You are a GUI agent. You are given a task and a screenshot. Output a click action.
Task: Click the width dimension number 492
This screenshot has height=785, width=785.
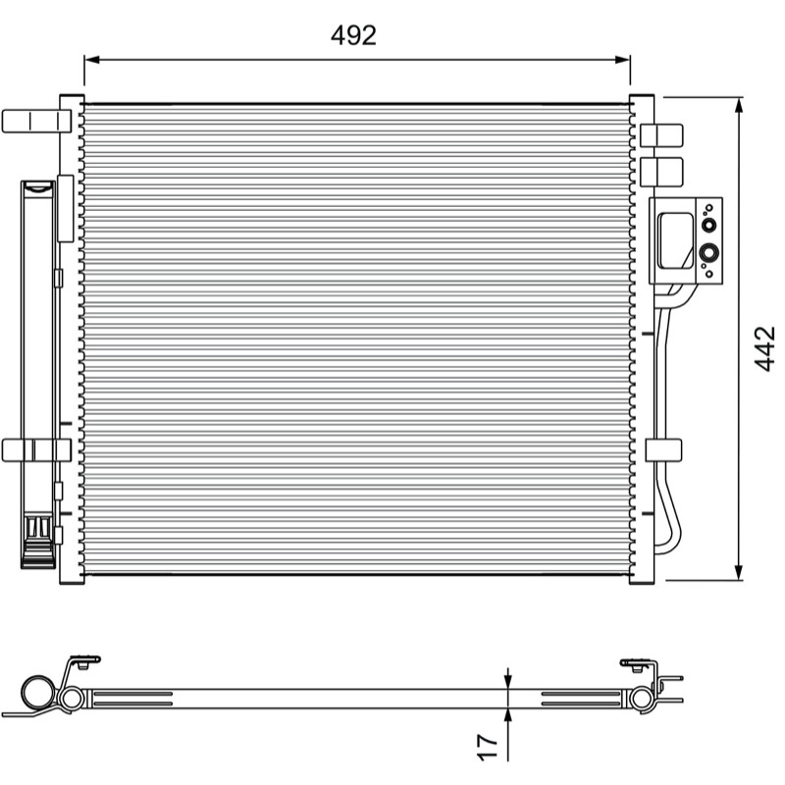click(353, 35)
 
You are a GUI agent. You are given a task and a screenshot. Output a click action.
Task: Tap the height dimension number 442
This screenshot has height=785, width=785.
click(764, 349)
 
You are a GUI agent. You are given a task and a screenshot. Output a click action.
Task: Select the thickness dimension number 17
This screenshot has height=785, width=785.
click(487, 748)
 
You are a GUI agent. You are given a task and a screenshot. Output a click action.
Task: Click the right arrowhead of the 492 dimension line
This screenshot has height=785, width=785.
click(622, 60)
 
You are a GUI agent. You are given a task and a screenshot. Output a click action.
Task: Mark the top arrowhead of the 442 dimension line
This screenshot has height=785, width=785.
click(739, 105)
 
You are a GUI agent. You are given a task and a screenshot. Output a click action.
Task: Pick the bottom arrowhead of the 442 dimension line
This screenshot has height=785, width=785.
click(739, 573)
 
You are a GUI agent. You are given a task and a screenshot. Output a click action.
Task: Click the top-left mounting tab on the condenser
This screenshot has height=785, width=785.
click(36, 121)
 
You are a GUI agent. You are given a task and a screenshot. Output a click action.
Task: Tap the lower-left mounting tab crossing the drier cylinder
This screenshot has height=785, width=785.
click(36, 450)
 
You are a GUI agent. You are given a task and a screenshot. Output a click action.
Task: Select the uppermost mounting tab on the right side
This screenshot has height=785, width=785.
click(661, 135)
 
